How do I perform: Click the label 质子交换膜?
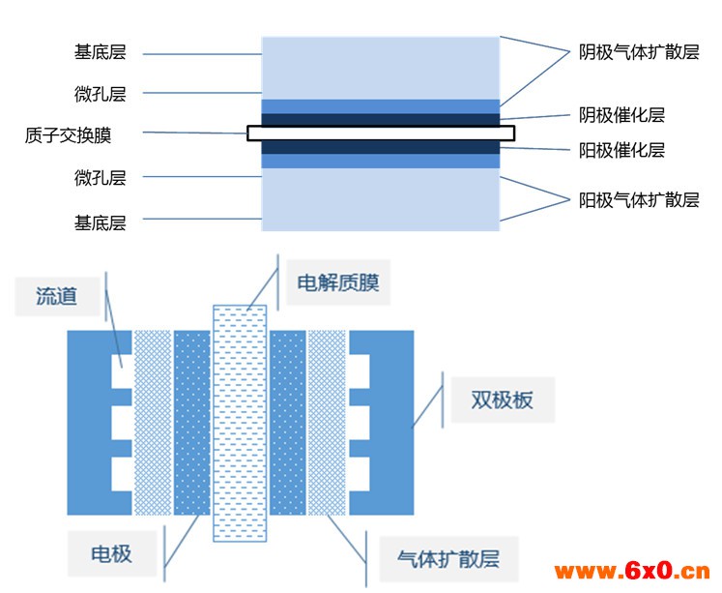pyautogui.click(x=69, y=136)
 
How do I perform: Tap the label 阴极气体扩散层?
pyautogui.click(x=639, y=52)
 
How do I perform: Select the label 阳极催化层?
pyautogui.click(x=621, y=150)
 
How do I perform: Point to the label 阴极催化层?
pyautogui.click(x=621, y=115)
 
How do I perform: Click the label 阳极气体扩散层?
pyautogui.click(x=639, y=200)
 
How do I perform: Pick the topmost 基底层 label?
pyautogui.click(x=101, y=52)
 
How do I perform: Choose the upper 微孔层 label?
pyautogui.click(x=101, y=94)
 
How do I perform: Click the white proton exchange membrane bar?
pyautogui.click(x=381, y=133)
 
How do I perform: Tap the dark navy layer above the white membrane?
pyautogui.click(x=381, y=120)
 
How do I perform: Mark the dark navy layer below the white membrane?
pyautogui.click(x=381, y=147)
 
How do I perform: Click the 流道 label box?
pyautogui.click(x=57, y=296)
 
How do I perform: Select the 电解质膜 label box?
pyautogui.click(x=338, y=282)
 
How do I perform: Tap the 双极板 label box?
pyautogui.click(x=503, y=400)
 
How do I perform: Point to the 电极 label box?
pyautogui.click(x=112, y=554)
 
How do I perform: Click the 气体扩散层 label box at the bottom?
pyautogui.click(x=448, y=559)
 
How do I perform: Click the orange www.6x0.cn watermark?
pyautogui.click(x=632, y=572)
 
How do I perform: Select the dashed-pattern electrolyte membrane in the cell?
pyautogui.click(x=240, y=423)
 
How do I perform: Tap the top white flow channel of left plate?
pyautogui.click(x=122, y=371)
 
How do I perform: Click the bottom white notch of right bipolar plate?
pyautogui.click(x=360, y=474)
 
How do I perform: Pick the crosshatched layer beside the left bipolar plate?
pyautogui.click(x=153, y=423)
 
